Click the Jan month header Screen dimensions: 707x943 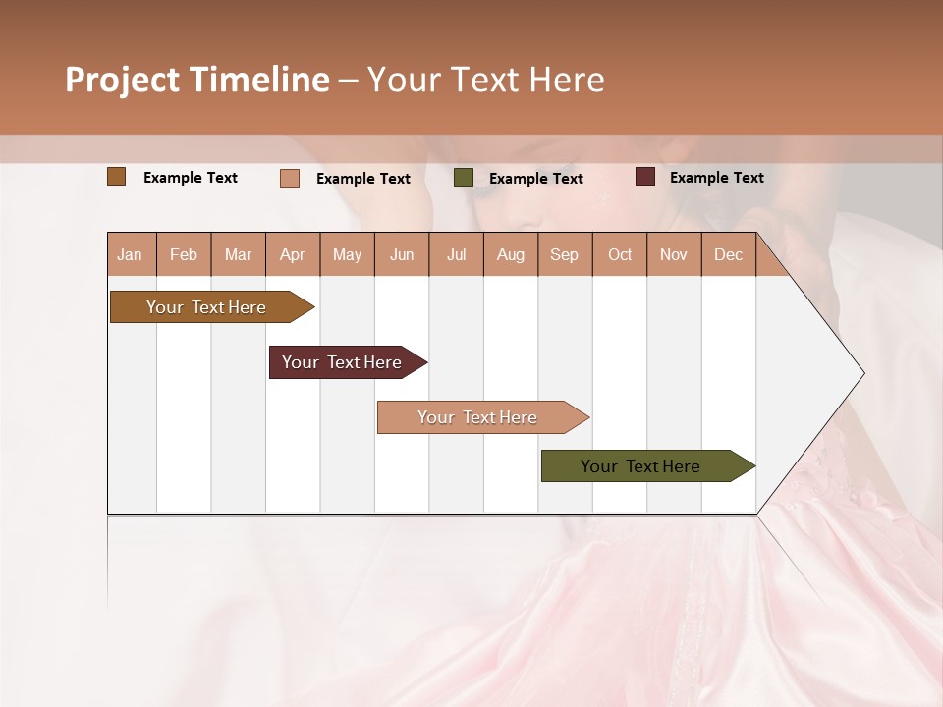(130, 254)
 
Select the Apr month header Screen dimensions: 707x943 (293, 254)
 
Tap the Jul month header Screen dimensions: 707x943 (456, 254)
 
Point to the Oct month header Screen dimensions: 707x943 (620, 254)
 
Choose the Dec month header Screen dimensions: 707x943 (728, 254)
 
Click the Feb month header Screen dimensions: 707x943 (184, 254)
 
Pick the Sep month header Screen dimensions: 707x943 (564, 254)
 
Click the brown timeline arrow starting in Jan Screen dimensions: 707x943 (207, 307)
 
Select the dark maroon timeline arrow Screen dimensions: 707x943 (343, 362)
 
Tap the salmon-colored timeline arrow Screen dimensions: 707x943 (478, 417)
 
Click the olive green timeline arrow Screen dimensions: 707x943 (641, 466)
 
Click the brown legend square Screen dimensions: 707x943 (117, 177)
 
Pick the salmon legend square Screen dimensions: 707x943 (290, 178)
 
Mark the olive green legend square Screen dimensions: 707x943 (464, 178)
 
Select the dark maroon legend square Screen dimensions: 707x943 (645, 177)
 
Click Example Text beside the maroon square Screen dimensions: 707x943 (716, 178)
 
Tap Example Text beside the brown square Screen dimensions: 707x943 (191, 178)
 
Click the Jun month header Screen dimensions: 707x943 (402, 254)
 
